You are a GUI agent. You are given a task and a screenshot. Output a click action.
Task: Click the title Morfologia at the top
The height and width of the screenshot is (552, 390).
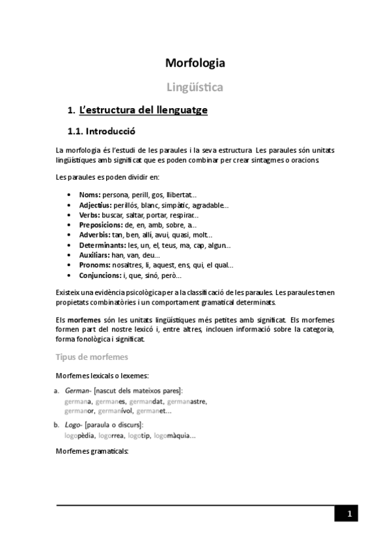(195, 64)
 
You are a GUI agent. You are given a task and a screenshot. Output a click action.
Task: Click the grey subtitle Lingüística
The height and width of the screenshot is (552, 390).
(195, 87)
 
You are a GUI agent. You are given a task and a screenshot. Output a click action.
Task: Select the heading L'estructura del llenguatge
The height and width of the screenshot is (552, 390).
(143, 110)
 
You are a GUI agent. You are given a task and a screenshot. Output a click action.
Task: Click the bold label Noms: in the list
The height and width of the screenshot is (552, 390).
(89, 195)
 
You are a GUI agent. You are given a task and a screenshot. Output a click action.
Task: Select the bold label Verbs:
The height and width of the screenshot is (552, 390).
(90, 215)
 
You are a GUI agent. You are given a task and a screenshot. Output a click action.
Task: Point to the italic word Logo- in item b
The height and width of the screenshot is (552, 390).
(74, 424)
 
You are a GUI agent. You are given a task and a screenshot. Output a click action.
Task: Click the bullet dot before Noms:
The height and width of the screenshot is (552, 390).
(70, 195)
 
